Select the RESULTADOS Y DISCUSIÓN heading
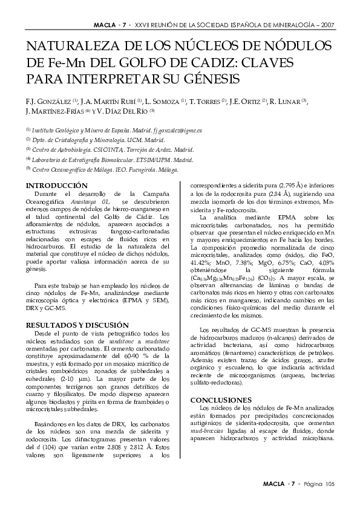coord(77,325)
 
